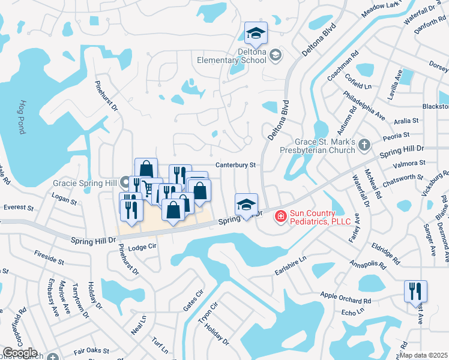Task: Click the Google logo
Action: point(20,353)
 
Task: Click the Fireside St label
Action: point(49,257)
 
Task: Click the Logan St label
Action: point(65,199)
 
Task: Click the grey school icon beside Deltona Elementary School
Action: point(276,56)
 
